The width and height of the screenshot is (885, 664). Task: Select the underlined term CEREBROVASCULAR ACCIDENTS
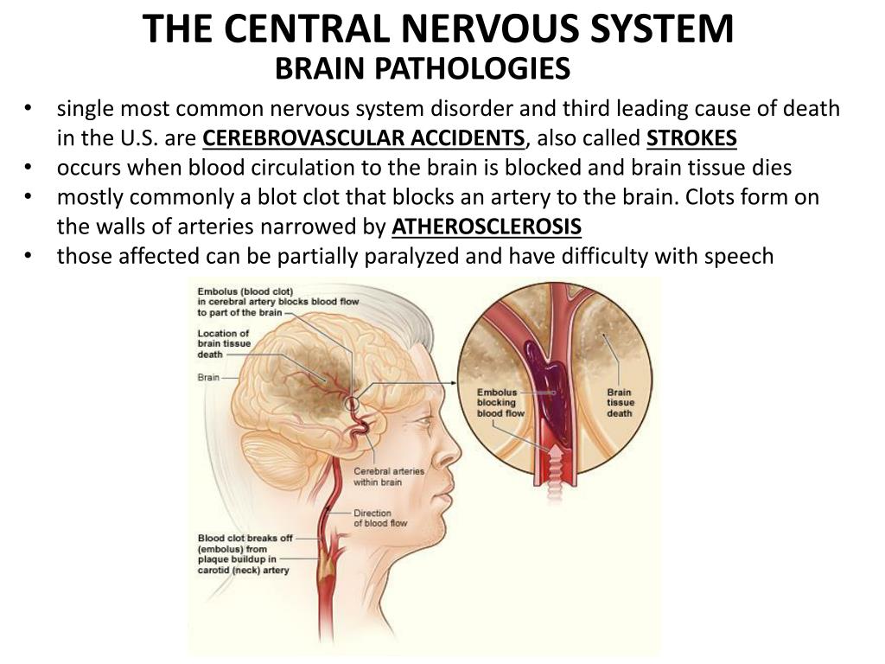364,138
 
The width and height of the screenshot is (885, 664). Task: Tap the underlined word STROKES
691,138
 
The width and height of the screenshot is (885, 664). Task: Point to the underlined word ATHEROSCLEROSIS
487,227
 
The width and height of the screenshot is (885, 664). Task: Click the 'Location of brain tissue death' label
223,344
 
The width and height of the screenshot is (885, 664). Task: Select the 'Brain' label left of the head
207,378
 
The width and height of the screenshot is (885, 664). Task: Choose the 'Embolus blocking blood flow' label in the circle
497,403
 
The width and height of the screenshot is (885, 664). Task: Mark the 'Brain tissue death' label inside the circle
620,403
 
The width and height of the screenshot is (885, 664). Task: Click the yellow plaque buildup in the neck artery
328,562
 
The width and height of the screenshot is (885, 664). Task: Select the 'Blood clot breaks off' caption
244,554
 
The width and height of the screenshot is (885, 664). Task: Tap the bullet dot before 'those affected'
29,256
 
